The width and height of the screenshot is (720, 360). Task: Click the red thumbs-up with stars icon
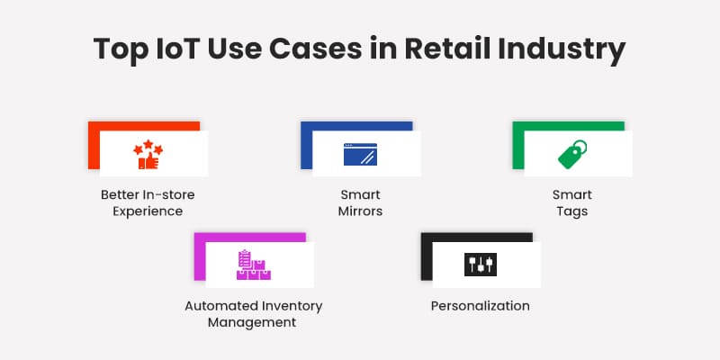pos(148,156)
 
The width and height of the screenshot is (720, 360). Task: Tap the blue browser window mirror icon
pos(360,155)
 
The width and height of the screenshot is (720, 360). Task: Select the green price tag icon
pos(572,155)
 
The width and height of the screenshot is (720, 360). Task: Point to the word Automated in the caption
pos(221,306)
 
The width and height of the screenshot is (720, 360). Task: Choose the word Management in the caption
pos(253,322)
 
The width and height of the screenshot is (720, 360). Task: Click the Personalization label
pos(481,306)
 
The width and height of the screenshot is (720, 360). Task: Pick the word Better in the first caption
pos(118,194)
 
